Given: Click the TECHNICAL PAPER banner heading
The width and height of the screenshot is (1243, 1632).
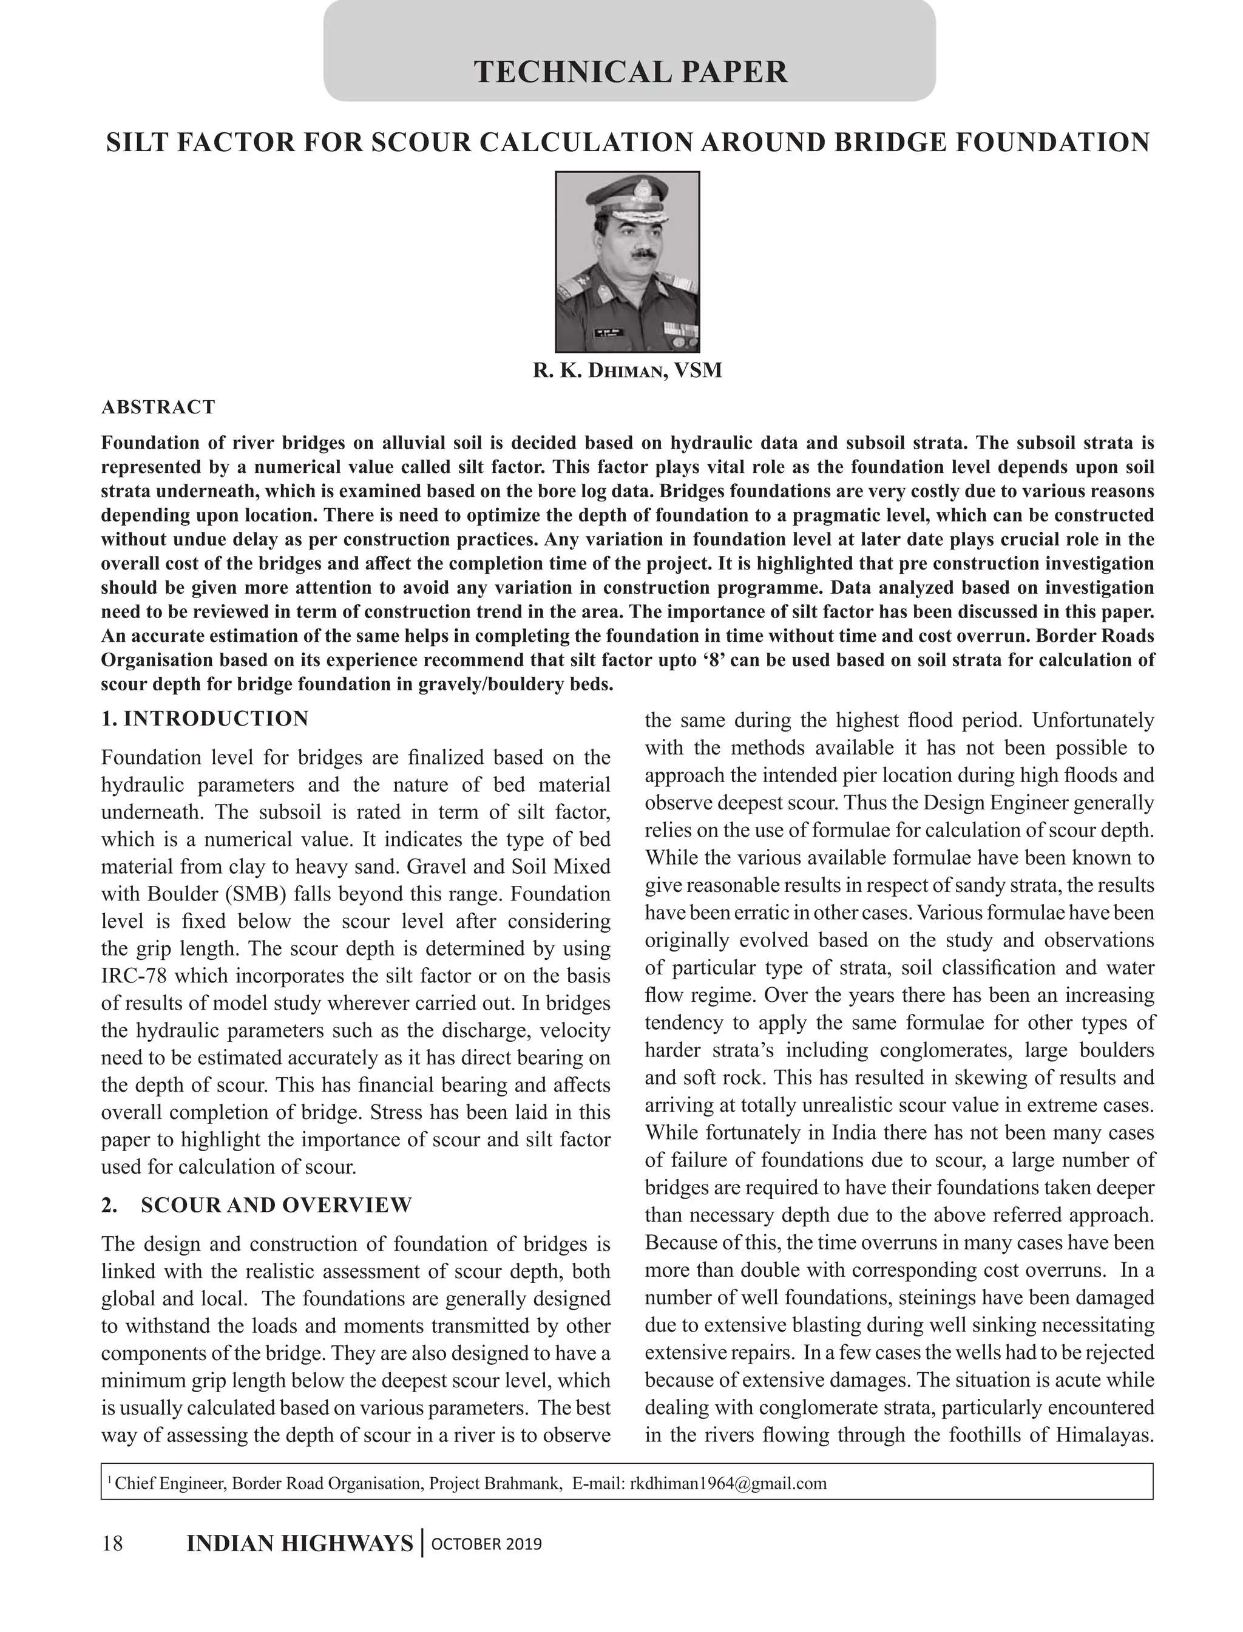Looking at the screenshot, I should pos(631,72).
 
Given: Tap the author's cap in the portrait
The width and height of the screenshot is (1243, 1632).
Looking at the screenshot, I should pos(627,199).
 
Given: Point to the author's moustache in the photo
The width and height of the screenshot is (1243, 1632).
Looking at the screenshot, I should pos(635,254).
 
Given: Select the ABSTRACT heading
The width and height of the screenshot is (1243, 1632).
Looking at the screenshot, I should pos(158,407).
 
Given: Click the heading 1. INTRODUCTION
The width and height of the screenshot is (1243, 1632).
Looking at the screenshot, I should pos(205,719).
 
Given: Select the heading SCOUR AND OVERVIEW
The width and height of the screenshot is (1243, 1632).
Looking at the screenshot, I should pos(276,1205).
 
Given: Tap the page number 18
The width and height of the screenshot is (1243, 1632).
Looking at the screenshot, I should pos(112,1544).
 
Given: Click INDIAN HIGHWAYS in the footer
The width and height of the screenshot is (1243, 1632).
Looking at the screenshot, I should pos(300,1544).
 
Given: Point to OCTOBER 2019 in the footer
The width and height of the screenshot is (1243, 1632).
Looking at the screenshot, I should pos(486,1545).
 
